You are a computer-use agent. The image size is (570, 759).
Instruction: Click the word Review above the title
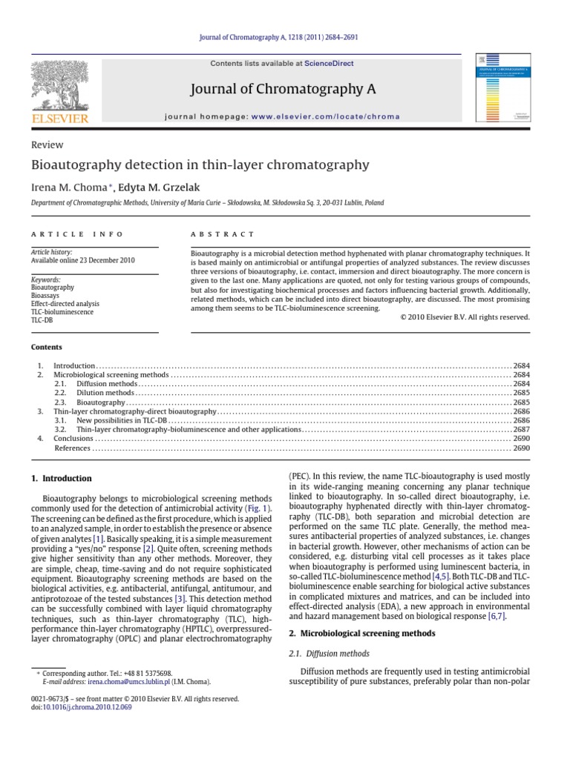(47, 145)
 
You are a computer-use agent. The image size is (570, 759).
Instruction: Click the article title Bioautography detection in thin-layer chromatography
(200, 165)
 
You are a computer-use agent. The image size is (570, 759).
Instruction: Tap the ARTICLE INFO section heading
(77, 233)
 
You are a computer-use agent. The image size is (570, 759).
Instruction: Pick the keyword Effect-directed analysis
(65, 304)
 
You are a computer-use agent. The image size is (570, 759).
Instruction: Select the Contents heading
(47, 347)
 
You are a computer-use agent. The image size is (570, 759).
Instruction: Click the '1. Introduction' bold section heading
(62, 478)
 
